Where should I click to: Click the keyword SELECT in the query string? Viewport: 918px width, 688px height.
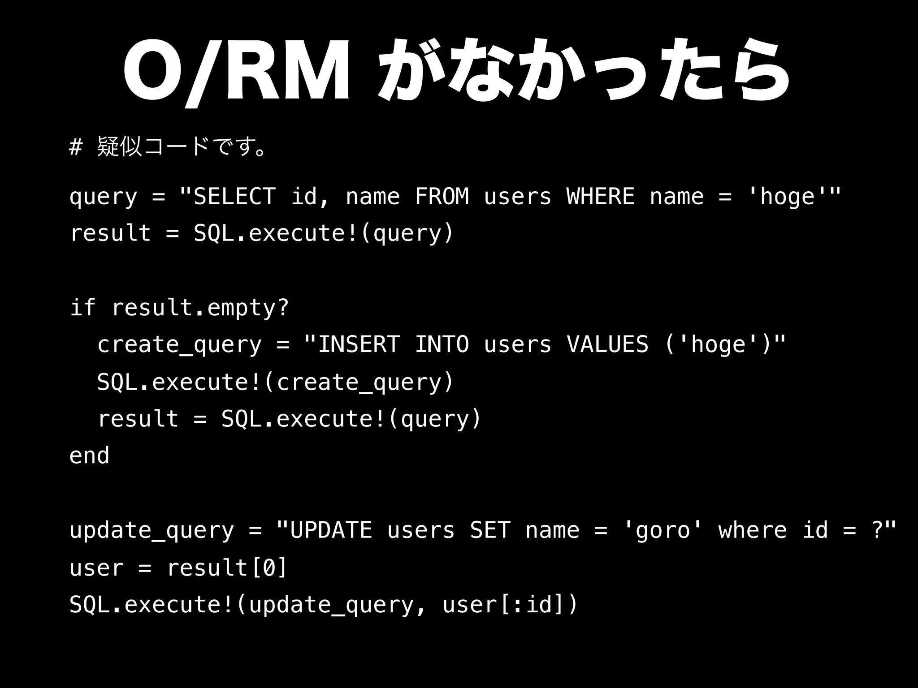234,197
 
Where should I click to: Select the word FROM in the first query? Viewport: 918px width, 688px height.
442,197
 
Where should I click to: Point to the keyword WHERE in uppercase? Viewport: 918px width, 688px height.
600,197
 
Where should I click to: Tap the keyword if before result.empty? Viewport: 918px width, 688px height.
83,307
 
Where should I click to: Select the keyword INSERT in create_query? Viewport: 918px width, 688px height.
358,344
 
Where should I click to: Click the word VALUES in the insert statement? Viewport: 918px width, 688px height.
607,344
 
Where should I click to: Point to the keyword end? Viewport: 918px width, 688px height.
90,456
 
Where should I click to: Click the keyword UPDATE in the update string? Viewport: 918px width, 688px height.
331,530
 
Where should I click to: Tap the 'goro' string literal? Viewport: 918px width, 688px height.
663,530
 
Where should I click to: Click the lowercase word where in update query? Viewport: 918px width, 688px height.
752,530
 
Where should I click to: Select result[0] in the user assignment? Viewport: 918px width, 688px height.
226,568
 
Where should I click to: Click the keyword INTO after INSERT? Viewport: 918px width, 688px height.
442,344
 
